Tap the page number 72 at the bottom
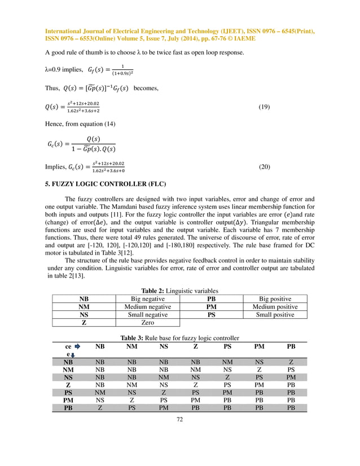click(x=179, y=419)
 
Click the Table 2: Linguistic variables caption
click(x=179, y=291)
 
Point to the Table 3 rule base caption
click(x=179, y=338)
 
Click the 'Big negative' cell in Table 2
click(x=148, y=299)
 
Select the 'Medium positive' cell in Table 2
click(x=275, y=307)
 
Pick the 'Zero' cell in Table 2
click(x=148, y=323)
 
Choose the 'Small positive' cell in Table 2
click(x=275, y=315)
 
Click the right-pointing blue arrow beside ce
click(x=77, y=346)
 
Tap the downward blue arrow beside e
click(x=73, y=355)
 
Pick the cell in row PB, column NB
click(x=100, y=408)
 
